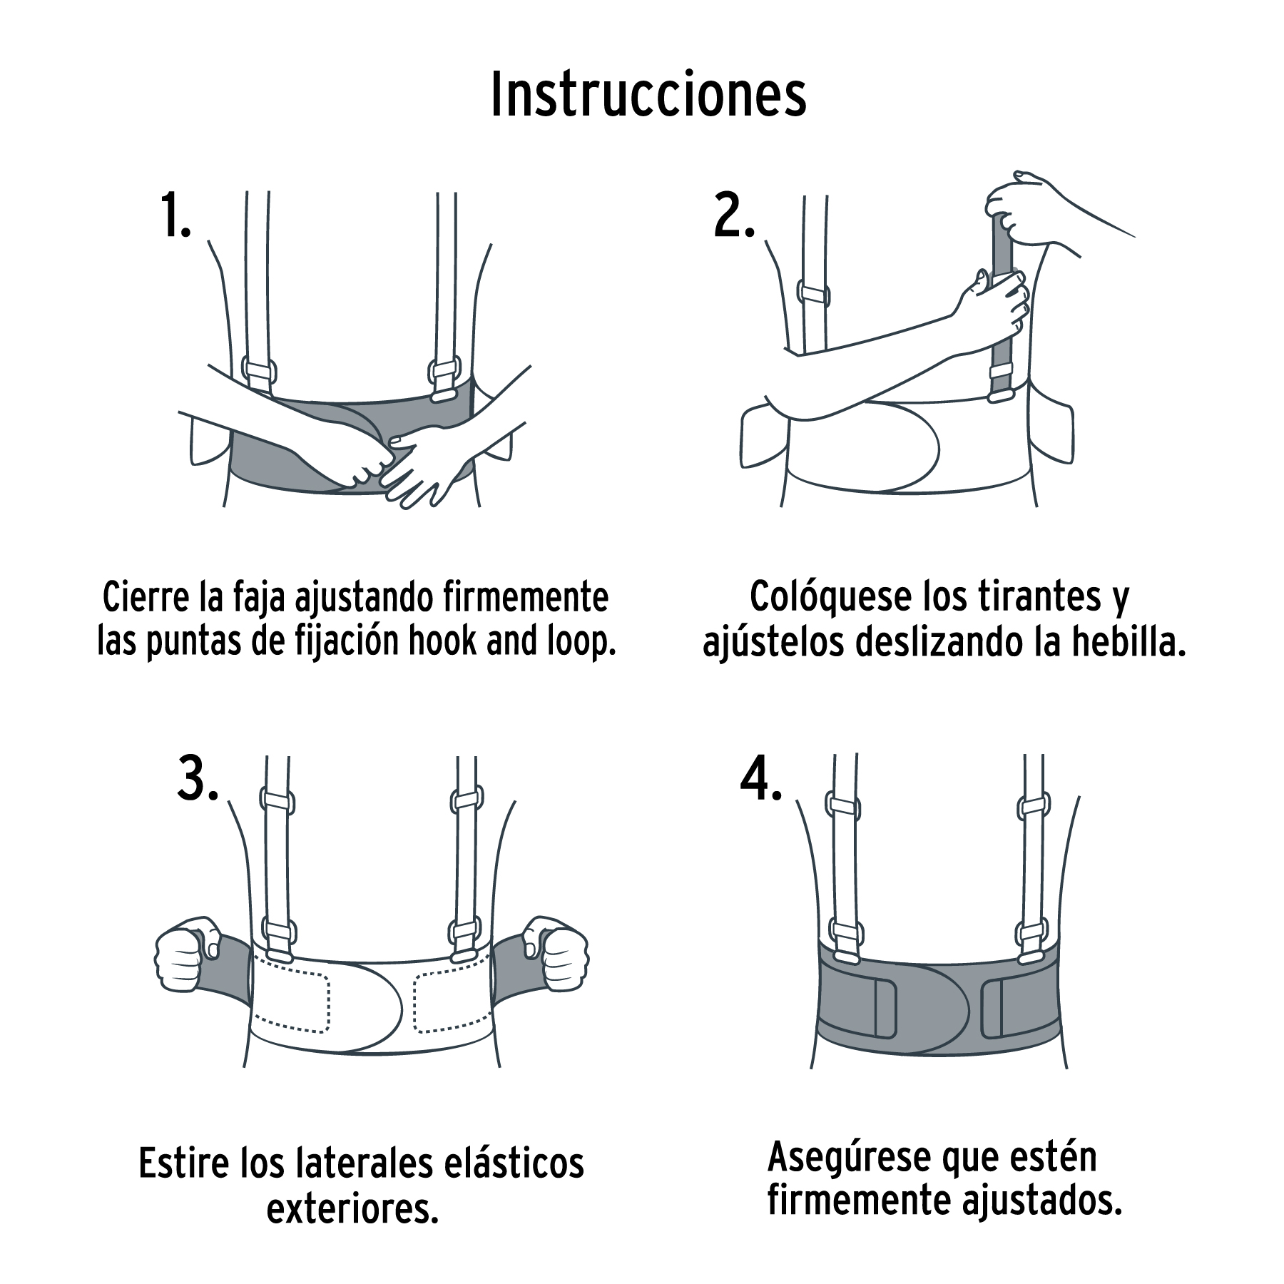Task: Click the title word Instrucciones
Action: (648, 95)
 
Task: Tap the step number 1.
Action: (175, 215)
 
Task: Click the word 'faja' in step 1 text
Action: (260, 598)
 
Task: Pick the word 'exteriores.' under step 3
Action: (352, 1208)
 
